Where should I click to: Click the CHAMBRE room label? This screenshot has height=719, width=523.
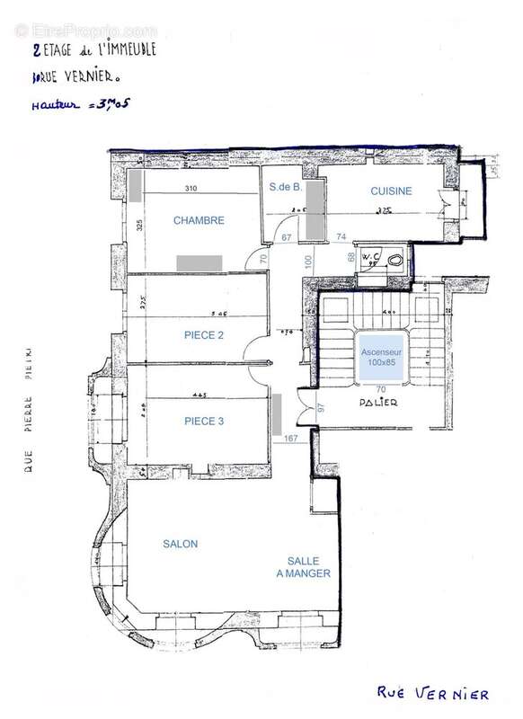199,220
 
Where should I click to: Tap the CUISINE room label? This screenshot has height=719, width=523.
391,191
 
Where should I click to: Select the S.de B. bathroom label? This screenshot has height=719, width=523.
284,188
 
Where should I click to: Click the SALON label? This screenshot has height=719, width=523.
180,544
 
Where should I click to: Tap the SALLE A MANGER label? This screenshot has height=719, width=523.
303,565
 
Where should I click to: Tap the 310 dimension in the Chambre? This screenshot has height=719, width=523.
191,189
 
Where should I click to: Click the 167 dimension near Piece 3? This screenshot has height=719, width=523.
290,439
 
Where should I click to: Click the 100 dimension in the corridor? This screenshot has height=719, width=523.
308,262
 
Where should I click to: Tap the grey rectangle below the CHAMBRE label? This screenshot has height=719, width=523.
199,261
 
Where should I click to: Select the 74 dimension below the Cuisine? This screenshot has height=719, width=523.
341,236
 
